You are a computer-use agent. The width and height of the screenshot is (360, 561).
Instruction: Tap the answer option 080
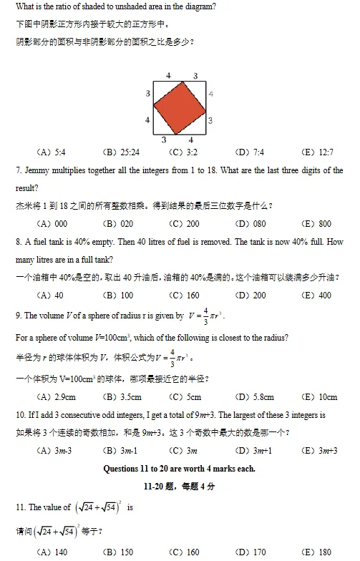coord(258,223)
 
